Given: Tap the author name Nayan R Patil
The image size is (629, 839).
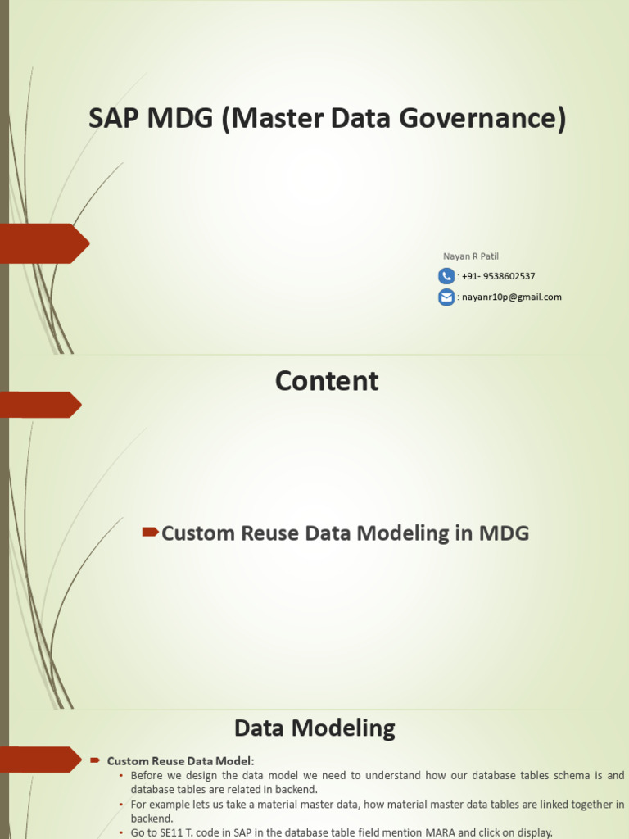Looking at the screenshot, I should click(x=471, y=256).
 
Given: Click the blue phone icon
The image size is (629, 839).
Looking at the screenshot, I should click(x=446, y=276).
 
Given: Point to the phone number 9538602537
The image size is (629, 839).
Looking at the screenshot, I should click(x=508, y=276).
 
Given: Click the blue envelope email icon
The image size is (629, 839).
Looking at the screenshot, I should click(x=446, y=297).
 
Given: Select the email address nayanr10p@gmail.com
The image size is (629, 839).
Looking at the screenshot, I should click(x=512, y=297).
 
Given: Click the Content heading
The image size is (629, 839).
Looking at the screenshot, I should click(x=327, y=381).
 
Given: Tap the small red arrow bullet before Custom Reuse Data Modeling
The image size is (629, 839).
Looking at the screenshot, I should click(x=150, y=533).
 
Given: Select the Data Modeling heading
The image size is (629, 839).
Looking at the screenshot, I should click(x=314, y=728).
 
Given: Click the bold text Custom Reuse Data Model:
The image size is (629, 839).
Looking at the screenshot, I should click(x=181, y=760).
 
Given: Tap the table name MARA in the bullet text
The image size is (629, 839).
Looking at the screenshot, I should click(x=420, y=832).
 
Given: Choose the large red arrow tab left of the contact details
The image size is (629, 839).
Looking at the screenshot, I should click(x=45, y=243).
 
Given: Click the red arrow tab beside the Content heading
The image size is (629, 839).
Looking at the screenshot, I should click(x=41, y=405).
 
